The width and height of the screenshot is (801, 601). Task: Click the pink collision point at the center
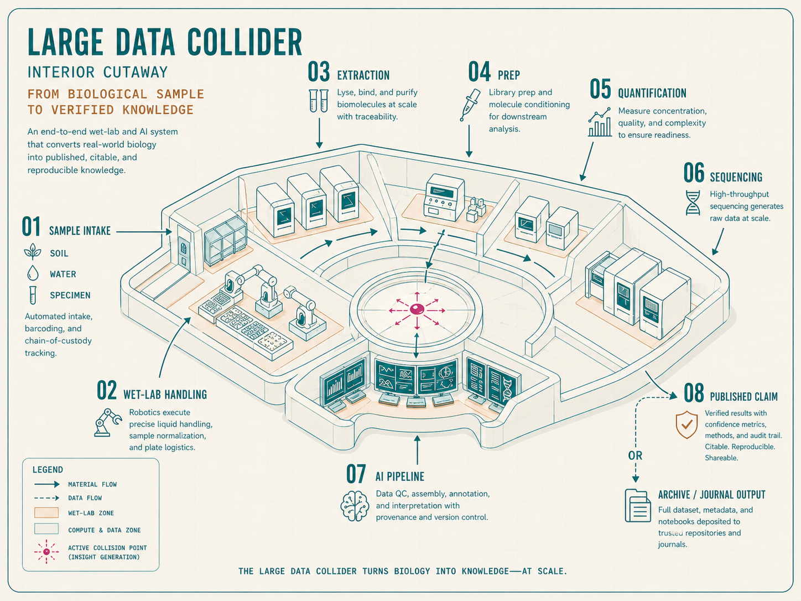coord(417,309)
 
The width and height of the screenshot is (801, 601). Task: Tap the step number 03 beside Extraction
coord(319,72)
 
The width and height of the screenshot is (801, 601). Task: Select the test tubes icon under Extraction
coord(318,101)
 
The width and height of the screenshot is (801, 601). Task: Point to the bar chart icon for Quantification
coord(600,122)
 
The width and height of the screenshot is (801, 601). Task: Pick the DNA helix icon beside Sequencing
coord(693,203)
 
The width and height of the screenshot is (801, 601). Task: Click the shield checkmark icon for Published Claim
coord(686,424)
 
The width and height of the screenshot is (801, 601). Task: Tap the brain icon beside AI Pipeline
coord(355,506)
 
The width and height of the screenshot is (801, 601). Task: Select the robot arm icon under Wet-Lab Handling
coord(107,423)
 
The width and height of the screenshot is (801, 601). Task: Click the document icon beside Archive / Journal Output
coord(637,505)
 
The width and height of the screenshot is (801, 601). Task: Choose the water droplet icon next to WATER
coord(33,273)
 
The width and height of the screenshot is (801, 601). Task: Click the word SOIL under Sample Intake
coord(59,253)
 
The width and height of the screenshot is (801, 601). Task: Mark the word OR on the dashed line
coord(636,455)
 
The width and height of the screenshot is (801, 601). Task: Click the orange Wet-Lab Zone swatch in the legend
coord(46,512)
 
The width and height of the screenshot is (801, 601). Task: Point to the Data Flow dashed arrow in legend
coord(46,498)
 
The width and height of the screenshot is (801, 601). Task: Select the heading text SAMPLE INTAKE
coord(80,231)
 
